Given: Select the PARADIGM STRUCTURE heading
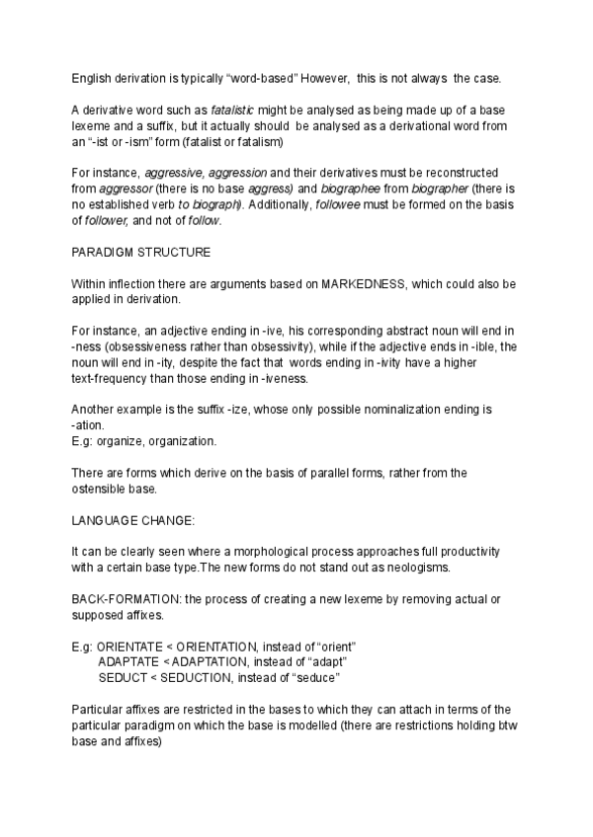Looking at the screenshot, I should point(141,252).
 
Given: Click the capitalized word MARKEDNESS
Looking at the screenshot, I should point(359,283).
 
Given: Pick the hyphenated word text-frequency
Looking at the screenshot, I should point(115,378).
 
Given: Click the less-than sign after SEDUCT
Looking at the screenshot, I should point(151,678).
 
